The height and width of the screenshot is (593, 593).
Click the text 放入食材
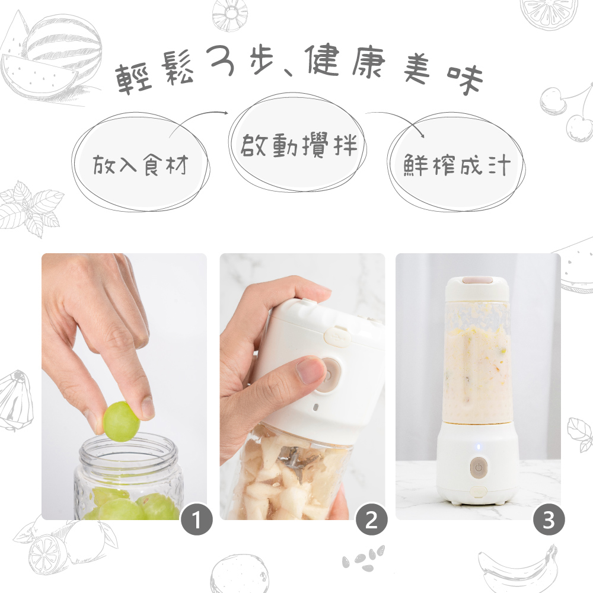[x=140, y=165]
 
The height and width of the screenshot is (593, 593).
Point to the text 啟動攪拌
[x=299, y=144]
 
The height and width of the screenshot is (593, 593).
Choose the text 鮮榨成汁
[x=457, y=165]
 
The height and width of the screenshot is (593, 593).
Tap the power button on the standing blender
[x=478, y=467]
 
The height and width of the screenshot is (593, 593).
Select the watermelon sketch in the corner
[x=44, y=56]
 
